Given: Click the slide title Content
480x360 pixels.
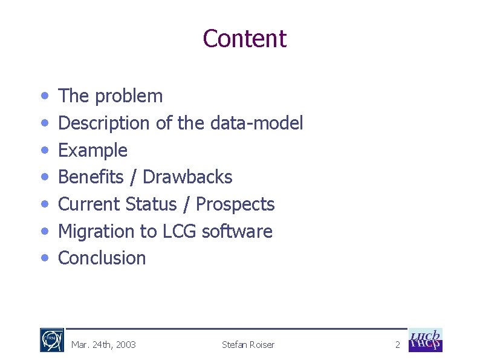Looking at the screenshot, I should coord(244,39).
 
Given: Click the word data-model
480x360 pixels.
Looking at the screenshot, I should coord(256,123).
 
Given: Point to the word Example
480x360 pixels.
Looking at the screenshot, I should coord(92,150).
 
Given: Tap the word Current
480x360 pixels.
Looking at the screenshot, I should coord(89,204).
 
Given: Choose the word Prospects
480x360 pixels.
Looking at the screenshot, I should coord(235,204).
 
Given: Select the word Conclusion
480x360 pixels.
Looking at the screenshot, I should coord(102,258).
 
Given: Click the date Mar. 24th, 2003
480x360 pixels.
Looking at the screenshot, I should coord(103,345).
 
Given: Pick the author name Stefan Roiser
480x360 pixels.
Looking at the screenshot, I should coord(248,345).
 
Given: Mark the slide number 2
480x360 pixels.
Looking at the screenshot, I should coord(397,345).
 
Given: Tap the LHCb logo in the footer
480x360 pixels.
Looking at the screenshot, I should coord(426,340).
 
